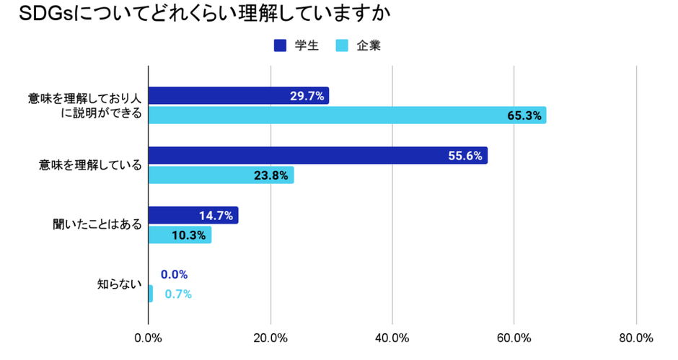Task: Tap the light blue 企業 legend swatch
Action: [x=343, y=45]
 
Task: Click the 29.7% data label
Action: [x=307, y=96]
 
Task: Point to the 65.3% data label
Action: [x=524, y=115]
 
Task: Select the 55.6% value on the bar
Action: [x=465, y=156]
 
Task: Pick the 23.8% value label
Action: [x=271, y=175]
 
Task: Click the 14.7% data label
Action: [x=216, y=216]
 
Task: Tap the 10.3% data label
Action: [x=189, y=235]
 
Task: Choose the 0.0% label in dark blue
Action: [x=174, y=275]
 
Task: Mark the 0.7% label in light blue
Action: [x=177, y=294]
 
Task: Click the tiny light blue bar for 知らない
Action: [x=150, y=294]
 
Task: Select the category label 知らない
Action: [x=120, y=284]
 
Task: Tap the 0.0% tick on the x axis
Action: [x=148, y=338]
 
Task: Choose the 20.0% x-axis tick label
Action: [x=270, y=338]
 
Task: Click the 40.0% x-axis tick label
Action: [x=392, y=338]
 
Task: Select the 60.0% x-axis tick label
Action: [x=514, y=338]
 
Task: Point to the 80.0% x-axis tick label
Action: [x=635, y=338]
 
